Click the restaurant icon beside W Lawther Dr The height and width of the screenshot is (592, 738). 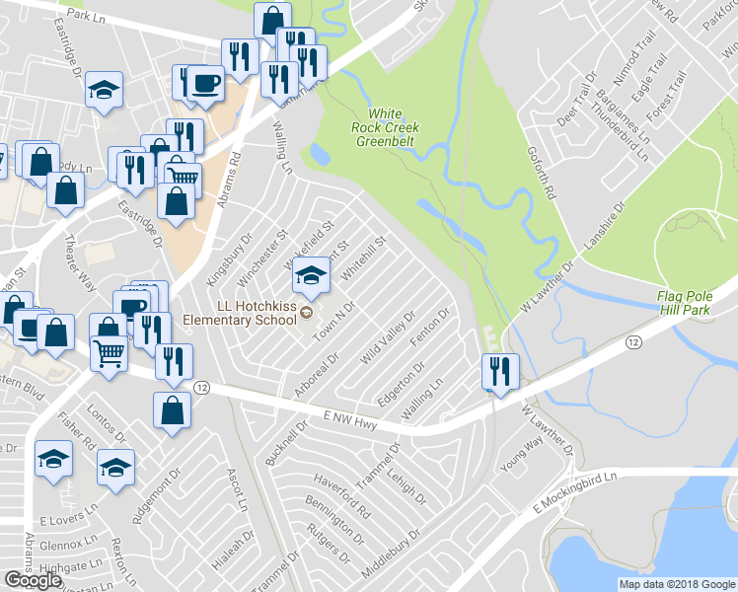point(499,371)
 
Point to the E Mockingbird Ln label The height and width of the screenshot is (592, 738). point(574,492)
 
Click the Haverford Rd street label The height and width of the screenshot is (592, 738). point(342,497)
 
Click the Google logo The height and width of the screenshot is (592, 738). point(33,579)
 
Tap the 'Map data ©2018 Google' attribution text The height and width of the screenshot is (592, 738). point(676,584)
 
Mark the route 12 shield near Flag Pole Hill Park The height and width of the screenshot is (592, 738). point(632,341)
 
